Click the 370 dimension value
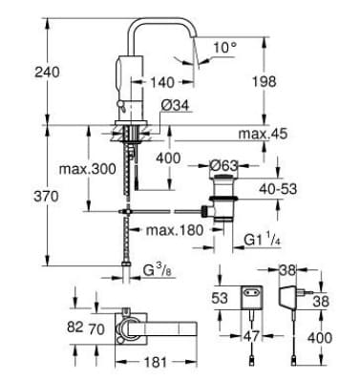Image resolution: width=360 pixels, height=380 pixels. (20, 195)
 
